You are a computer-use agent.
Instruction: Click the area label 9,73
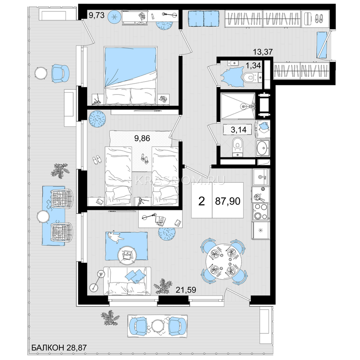tap(96, 15)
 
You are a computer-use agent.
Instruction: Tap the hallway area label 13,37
tap(263, 52)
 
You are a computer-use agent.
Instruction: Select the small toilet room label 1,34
tap(253, 65)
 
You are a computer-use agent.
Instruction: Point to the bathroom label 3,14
tap(238, 130)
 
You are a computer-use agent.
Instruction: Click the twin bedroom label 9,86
tap(142, 138)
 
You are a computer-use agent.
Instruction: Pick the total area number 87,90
tap(227, 201)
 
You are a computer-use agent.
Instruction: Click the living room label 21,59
tap(186, 290)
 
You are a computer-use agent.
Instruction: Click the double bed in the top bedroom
tap(130, 76)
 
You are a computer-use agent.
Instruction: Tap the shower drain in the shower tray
tap(243, 106)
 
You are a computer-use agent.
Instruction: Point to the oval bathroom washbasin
tap(262, 148)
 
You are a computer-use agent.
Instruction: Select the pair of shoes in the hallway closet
tap(319, 19)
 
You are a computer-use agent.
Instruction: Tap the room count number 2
tap(202, 201)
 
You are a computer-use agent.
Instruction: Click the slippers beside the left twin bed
tap(97, 160)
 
